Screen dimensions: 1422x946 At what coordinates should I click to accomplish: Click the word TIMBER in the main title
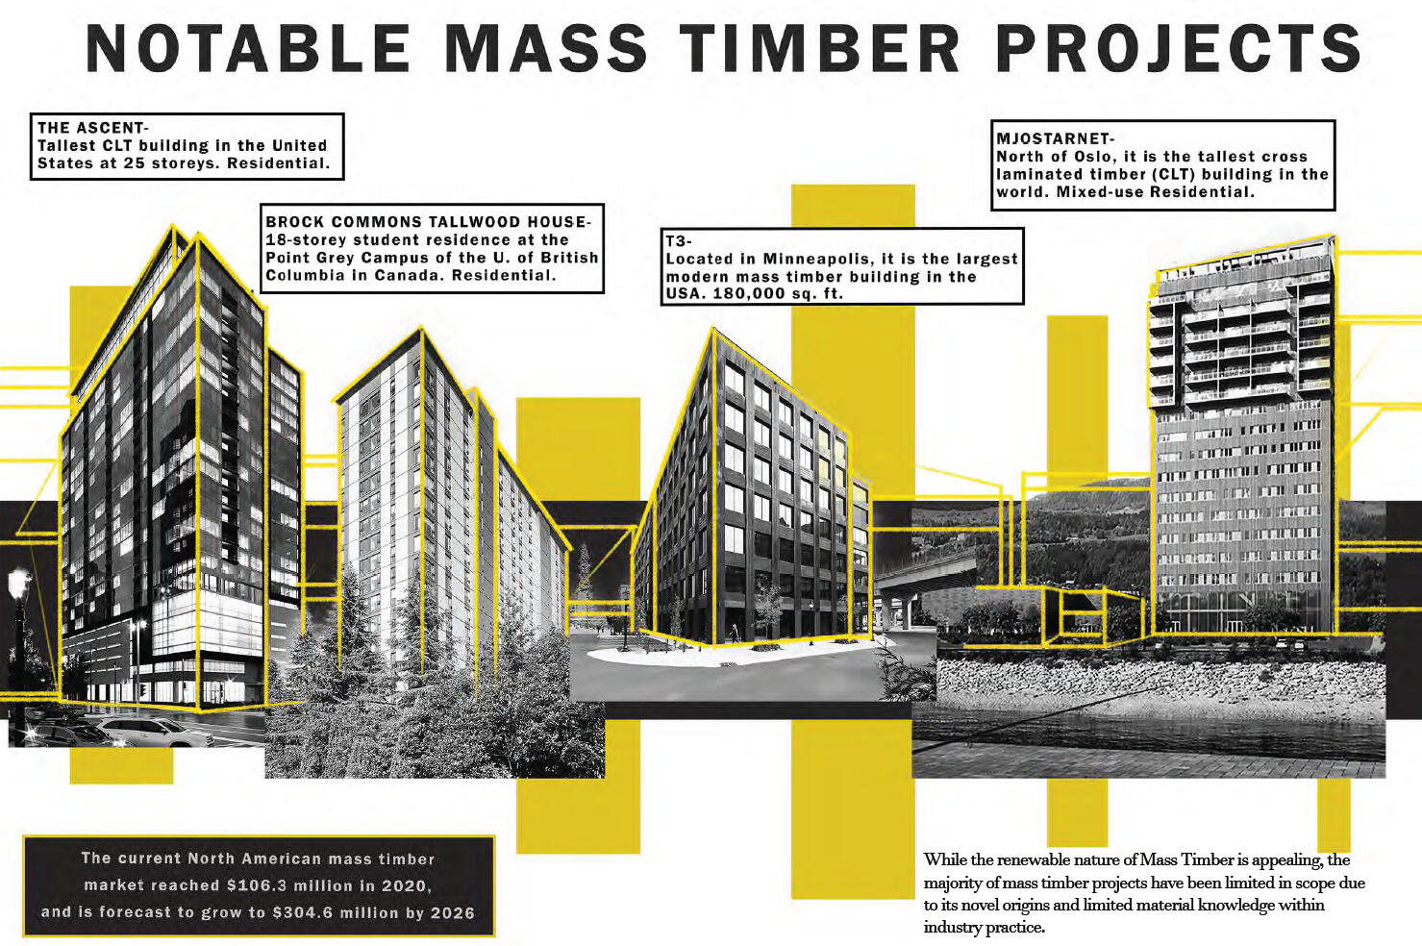tap(820, 48)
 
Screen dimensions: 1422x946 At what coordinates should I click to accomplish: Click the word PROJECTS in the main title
tap(1179, 48)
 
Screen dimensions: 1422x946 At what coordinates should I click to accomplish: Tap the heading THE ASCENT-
tap(92, 128)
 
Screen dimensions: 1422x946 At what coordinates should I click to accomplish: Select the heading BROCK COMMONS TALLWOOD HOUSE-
tap(428, 222)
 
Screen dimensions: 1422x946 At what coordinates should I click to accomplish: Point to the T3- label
tap(679, 241)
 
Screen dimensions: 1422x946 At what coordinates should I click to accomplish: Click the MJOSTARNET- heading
tap(1055, 138)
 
